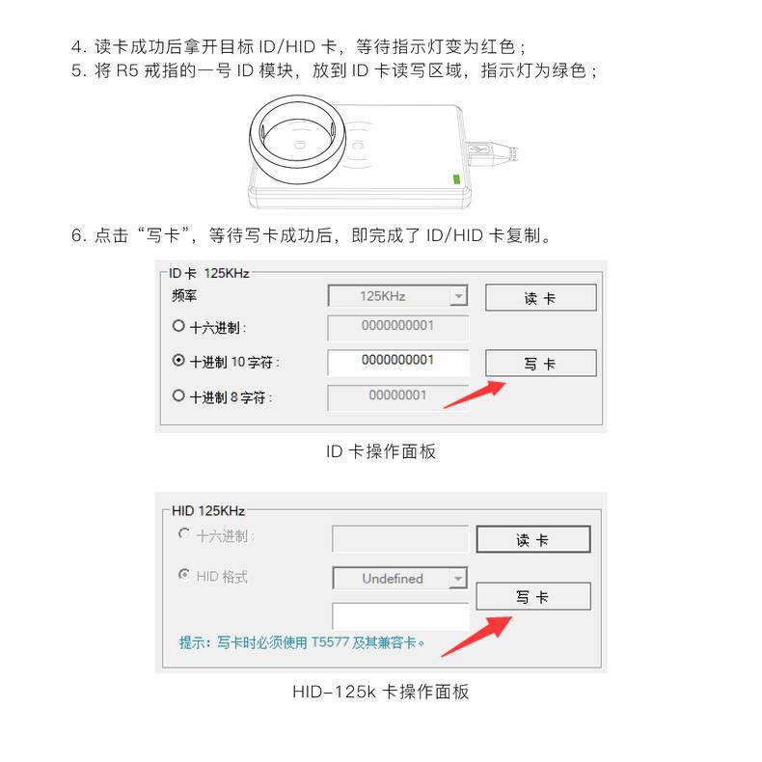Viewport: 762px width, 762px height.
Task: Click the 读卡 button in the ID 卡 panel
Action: point(540,297)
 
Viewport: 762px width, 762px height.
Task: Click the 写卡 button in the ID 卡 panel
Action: point(540,363)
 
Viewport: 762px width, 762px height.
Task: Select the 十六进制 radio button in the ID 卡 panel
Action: point(178,326)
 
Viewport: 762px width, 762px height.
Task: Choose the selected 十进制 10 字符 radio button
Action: point(178,360)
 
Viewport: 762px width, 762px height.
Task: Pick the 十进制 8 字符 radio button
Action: point(178,395)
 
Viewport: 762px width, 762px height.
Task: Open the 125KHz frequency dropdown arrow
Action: point(458,295)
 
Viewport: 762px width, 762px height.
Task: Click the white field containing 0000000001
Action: point(398,362)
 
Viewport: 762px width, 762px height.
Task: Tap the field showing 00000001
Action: point(398,397)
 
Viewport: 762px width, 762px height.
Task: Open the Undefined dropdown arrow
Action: point(458,579)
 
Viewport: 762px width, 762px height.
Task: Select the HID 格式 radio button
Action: point(184,575)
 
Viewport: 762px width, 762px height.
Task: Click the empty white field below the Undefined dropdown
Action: point(400,616)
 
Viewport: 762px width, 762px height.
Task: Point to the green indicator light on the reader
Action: point(456,179)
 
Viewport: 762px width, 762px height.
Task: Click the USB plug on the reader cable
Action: point(491,153)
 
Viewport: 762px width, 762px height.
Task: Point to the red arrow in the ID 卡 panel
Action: point(475,395)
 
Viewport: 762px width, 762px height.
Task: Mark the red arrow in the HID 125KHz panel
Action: point(476,637)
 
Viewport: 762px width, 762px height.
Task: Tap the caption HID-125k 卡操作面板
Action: point(380,692)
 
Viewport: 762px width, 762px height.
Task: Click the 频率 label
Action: point(183,295)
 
